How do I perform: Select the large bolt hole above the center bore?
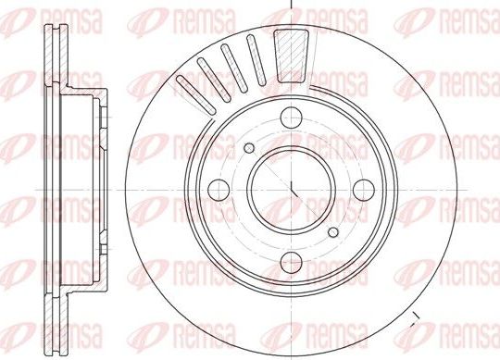[291, 117]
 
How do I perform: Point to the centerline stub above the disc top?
[291, 4]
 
